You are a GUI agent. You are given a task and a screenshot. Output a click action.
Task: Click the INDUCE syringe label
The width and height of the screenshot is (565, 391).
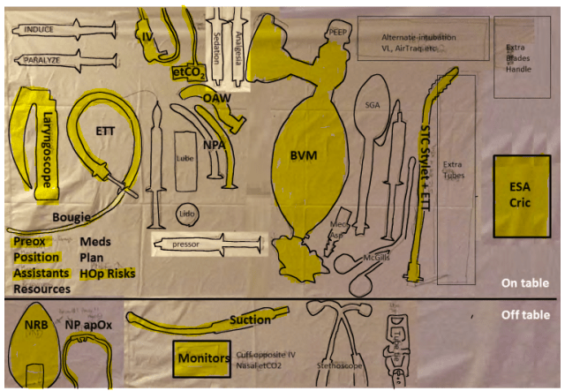click(39, 29)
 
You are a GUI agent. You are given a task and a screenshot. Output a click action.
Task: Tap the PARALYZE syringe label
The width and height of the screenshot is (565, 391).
click(41, 60)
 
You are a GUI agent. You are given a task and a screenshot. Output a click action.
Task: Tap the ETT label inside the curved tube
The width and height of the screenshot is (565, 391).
click(104, 132)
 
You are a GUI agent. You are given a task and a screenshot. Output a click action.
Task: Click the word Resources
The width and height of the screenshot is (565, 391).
click(41, 289)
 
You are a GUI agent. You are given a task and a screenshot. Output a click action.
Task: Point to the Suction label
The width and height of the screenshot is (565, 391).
click(250, 320)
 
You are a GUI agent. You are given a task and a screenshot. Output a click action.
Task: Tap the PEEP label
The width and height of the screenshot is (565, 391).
click(339, 31)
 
